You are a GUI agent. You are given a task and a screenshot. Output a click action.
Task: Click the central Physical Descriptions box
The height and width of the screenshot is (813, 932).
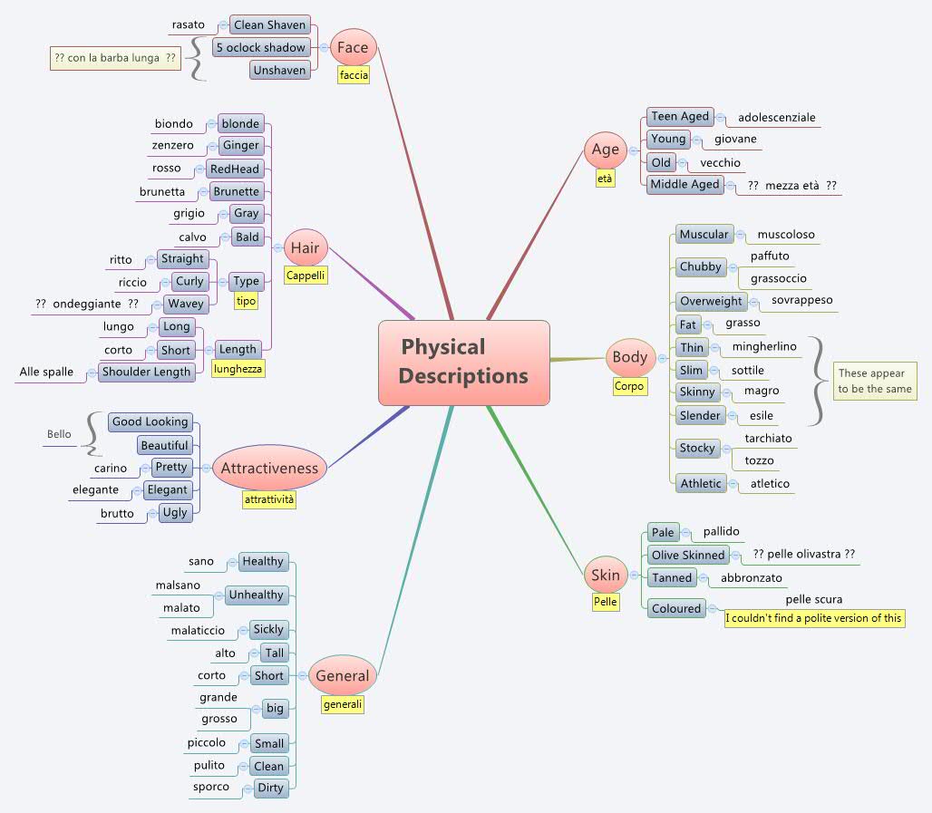(463, 362)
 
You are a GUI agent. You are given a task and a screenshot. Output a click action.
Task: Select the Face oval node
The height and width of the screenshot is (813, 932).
(353, 47)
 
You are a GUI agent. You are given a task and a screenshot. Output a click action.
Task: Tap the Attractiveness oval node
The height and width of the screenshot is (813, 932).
(269, 469)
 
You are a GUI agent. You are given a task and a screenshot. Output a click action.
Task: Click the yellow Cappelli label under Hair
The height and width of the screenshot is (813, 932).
(306, 275)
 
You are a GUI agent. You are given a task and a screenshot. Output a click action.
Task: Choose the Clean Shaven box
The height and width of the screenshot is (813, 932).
(269, 24)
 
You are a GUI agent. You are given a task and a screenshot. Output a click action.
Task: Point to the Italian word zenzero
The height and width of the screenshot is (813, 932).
(172, 145)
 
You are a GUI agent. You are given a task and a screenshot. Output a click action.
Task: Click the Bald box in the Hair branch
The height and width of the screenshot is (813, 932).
(247, 237)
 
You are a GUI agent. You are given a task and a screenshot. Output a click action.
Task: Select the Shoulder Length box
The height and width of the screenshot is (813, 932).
(146, 372)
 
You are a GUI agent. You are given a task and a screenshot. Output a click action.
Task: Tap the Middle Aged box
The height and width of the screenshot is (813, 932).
(684, 185)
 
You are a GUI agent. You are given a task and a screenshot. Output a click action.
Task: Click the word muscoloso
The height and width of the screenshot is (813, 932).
(785, 235)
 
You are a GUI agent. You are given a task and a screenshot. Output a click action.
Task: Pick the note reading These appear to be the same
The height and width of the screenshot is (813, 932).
(874, 382)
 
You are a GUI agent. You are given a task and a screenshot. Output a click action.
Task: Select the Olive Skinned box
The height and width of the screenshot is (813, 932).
(688, 555)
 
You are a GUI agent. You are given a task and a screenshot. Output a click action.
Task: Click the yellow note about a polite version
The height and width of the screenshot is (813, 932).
(814, 618)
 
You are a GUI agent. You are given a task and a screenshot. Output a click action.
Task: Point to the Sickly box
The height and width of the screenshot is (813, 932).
(268, 629)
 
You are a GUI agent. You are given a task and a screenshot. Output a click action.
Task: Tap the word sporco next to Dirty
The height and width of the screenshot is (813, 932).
(210, 787)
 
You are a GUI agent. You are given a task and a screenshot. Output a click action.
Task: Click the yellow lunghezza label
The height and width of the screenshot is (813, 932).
(238, 369)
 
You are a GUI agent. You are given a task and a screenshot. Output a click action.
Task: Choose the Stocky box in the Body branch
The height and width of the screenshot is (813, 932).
(697, 448)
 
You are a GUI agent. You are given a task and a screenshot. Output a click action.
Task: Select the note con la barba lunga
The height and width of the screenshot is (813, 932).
(115, 58)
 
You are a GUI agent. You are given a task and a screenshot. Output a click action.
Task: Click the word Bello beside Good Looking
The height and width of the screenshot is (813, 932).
(59, 434)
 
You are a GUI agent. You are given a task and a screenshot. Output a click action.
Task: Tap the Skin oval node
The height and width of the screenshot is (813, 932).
(606, 576)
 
